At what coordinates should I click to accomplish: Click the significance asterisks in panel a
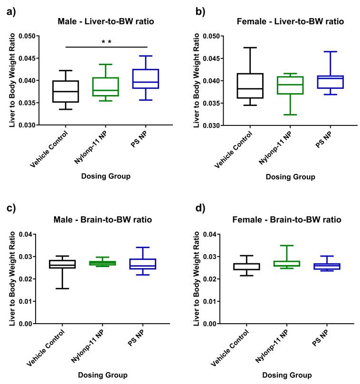(x=106, y=42)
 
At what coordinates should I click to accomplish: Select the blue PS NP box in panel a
(x=146, y=79)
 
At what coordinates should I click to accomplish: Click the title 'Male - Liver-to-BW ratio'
(x=106, y=21)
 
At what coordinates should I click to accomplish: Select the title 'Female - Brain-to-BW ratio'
(x=289, y=220)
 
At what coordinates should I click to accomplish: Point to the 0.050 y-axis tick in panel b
(x=210, y=36)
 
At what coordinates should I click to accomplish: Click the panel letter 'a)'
(x=12, y=12)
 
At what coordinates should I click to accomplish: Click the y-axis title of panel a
(x=12, y=80)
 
